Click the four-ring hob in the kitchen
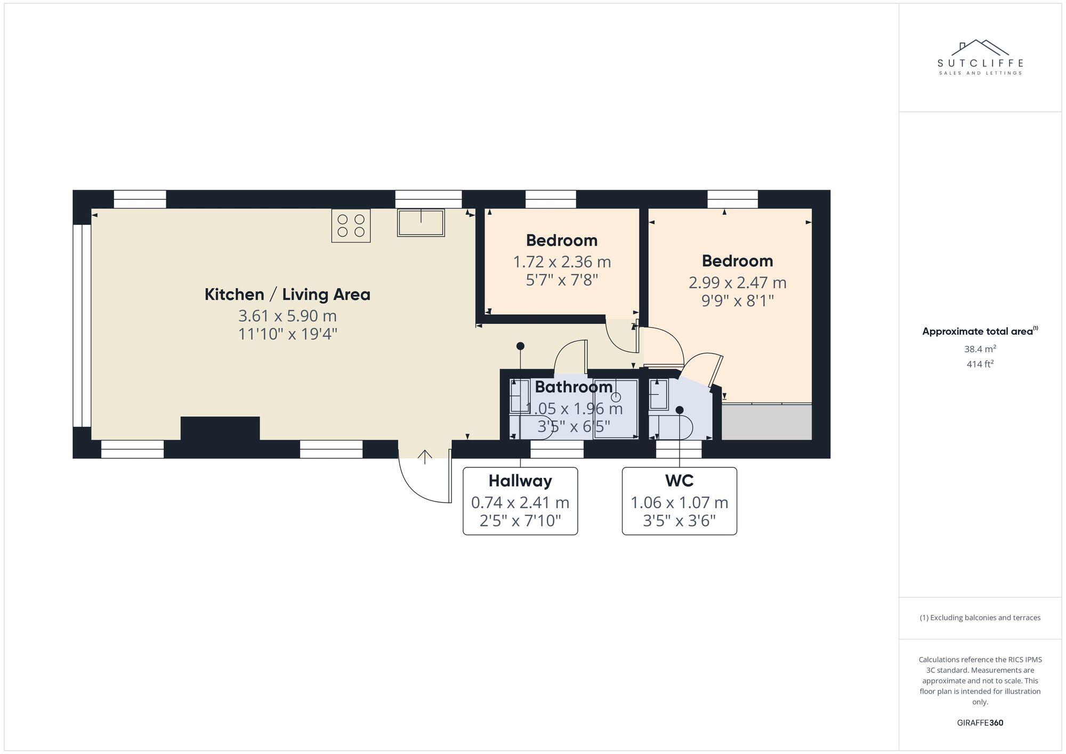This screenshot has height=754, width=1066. [351, 226]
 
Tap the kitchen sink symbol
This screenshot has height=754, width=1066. [421, 223]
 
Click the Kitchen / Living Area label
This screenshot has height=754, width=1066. [287, 294]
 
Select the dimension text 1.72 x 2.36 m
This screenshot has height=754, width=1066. [562, 262]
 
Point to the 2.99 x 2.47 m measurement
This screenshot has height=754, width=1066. [737, 282]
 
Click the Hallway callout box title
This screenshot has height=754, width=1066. [520, 481]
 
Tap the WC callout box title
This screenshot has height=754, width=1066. [679, 481]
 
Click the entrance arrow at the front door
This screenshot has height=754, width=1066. [424, 457]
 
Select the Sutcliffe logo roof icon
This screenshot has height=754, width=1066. [980, 47]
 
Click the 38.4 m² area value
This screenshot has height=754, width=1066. [980, 349]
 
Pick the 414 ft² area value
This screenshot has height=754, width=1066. [980, 364]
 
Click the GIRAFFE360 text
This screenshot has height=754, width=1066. [980, 723]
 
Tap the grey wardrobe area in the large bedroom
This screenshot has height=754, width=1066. [766, 422]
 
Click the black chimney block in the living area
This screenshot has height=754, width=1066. [220, 429]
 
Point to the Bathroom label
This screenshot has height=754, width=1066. [574, 387]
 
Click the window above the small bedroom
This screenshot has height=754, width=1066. [551, 199]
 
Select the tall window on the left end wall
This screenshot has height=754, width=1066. [82, 326]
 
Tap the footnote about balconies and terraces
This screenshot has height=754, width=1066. [980, 618]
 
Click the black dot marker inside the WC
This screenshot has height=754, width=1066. [680, 410]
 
